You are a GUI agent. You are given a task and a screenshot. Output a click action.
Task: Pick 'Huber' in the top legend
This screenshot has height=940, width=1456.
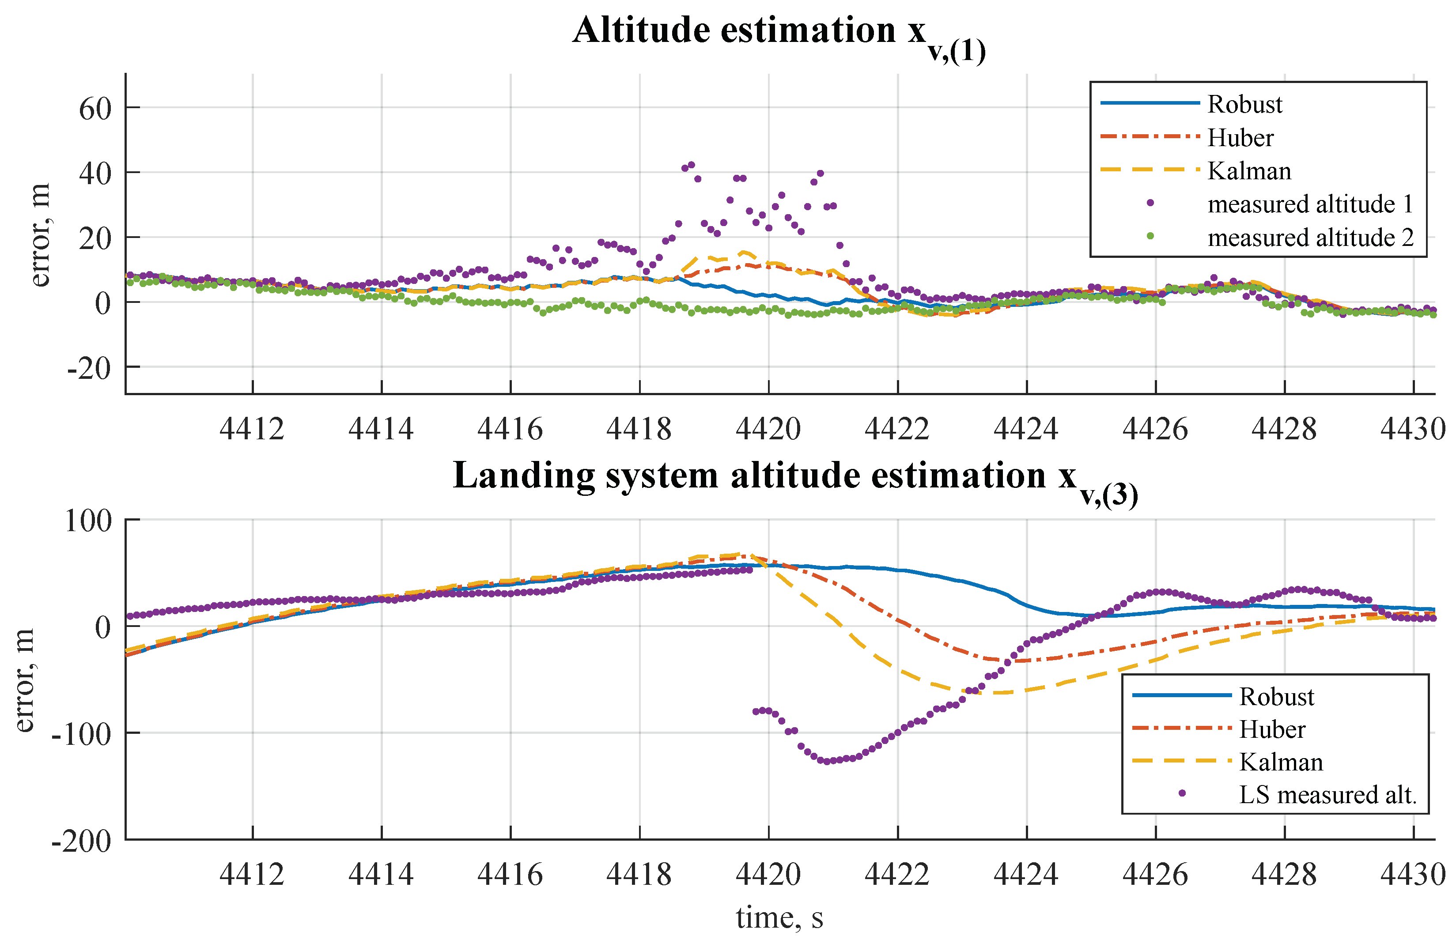click(1240, 138)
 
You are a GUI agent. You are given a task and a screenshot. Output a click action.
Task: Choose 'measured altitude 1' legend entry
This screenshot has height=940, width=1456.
click(1309, 204)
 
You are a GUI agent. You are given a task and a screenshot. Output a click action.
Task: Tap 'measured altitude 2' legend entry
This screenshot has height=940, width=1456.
click(1309, 238)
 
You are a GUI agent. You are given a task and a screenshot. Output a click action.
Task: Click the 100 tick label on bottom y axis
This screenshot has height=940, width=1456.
click(88, 521)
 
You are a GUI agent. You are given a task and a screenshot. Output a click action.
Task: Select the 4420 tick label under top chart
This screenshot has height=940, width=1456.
click(768, 429)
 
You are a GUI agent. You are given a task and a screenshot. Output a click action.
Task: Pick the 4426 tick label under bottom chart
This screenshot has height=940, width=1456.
click(1154, 875)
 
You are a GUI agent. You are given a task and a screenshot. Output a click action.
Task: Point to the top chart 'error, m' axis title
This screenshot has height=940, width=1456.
click(40, 235)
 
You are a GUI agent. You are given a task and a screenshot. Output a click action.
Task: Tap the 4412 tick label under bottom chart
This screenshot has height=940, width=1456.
click(252, 875)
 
